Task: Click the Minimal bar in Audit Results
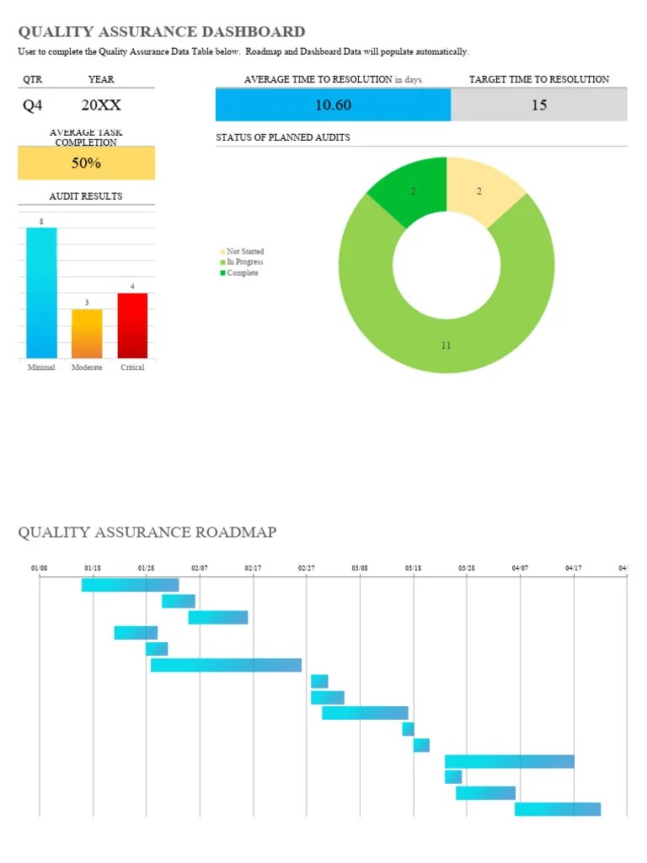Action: (x=41, y=293)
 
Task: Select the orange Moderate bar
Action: (x=87, y=334)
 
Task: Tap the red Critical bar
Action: (x=132, y=325)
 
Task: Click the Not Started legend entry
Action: (x=244, y=252)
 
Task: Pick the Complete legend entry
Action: (x=242, y=273)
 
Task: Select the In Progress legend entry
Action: (x=244, y=262)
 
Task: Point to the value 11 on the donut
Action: (x=446, y=346)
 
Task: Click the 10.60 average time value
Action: (x=333, y=105)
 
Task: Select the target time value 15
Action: (x=539, y=105)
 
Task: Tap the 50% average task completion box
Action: (x=86, y=163)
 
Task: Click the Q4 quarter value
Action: (x=32, y=106)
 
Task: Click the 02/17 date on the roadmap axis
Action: (x=253, y=569)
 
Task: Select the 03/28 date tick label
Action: (x=467, y=569)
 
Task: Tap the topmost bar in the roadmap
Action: (x=130, y=585)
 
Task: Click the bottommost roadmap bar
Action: (x=558, y=809)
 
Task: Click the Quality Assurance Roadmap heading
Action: (x=147, y=532)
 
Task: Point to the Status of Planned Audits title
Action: (x=283, y=137)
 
